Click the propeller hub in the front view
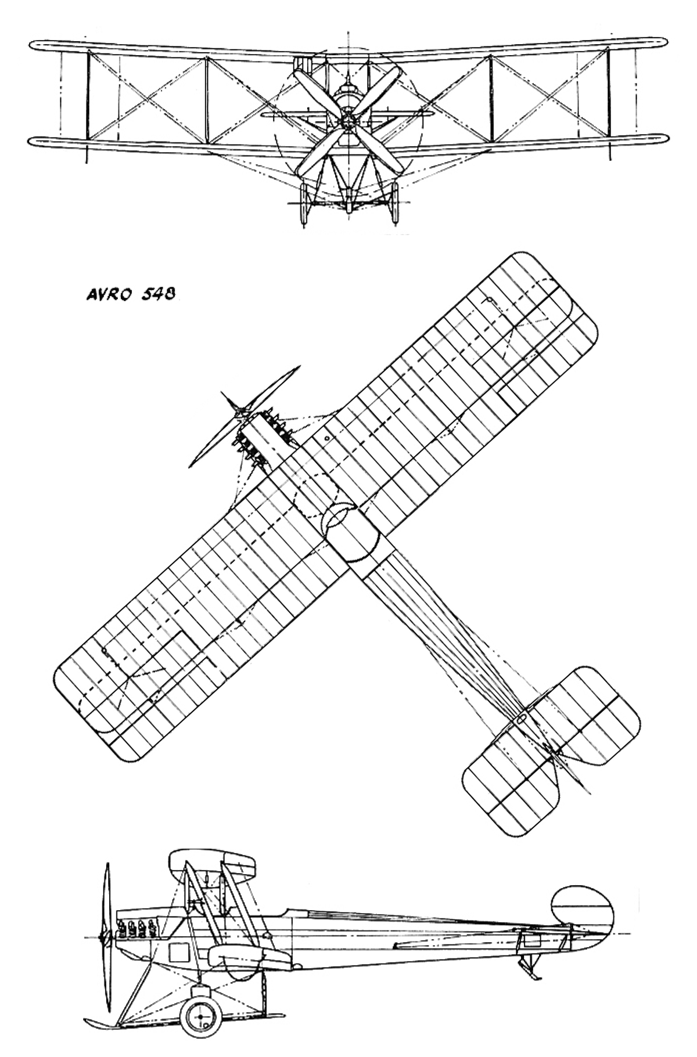(x=348, y=121)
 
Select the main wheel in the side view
(x=200, y=1017)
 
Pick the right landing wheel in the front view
(x=394, y=203)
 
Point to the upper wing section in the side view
(x=213, y=863)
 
